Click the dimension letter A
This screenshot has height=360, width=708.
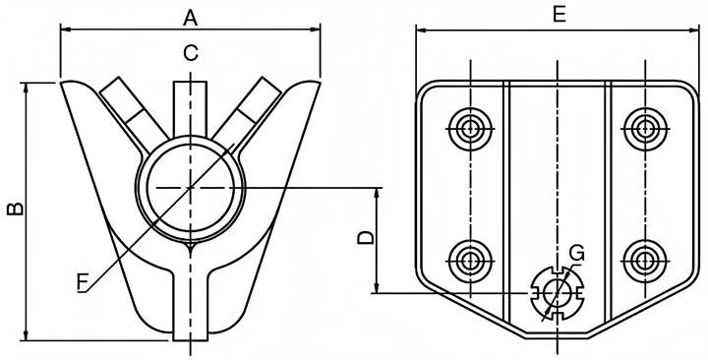(191, 18)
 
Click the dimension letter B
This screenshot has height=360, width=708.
(15, 209)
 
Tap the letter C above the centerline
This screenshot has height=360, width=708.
(191, 53)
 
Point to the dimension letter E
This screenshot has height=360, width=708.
(559, 15)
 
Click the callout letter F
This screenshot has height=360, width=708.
(82, 282)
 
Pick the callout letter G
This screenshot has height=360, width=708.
(576, 253)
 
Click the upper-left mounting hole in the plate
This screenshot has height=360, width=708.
(470, 129)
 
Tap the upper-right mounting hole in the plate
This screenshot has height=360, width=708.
(645, 129)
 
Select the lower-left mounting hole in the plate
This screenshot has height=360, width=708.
(470, 261)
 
